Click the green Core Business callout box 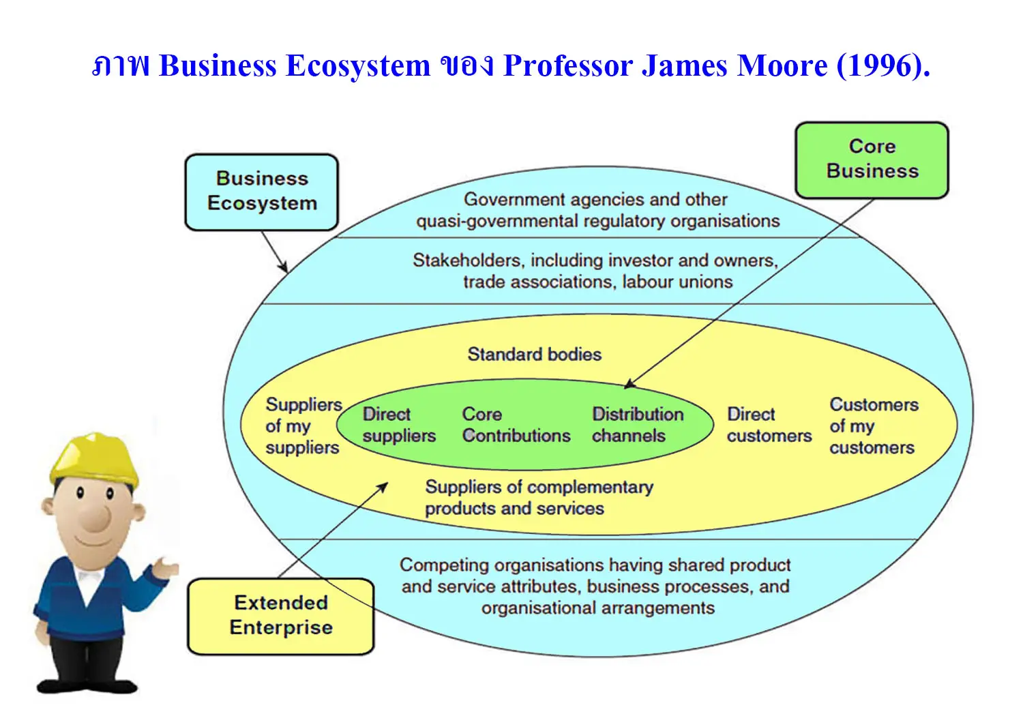(x=872, y=160)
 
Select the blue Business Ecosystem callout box (x=262, y=192)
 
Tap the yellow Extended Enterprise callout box (x=281, y=616)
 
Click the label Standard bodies (x=534, y=355)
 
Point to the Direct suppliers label (x=399, y=425)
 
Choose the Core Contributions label (x=516, y=425)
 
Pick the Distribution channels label (x=638, y=425)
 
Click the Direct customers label (x=769, y=425)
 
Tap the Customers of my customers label (x=874, y=426)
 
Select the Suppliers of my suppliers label (x=303, y=426)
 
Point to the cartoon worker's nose (x=97, y=518)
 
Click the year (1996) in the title (x=883, y=65)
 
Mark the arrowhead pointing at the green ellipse (x=629, y=383)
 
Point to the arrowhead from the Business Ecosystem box (x=284, y=267)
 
